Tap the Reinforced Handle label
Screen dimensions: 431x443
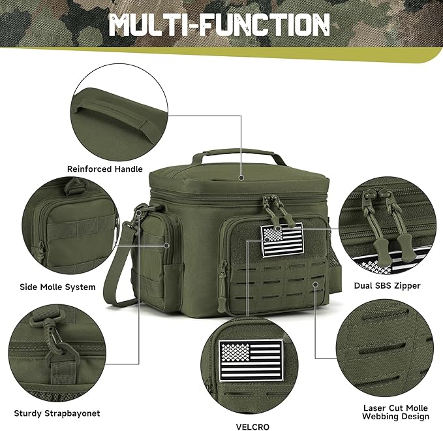pos(104,168)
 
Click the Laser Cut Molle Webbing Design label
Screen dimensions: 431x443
pos(395,412)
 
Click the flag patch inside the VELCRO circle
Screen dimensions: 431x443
pos(252,360)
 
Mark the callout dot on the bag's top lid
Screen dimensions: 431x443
pos(241,176)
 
